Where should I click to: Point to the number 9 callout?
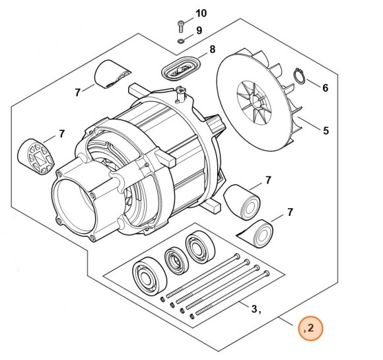tap(199, 30)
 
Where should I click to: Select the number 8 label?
tap(213, 50)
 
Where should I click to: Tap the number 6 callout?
tap(326, 88)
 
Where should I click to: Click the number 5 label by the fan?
tap(326, 131)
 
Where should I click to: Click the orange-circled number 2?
tap(311, 328)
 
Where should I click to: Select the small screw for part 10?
tap(180, 26)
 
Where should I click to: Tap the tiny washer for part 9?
tap(180, 42)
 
